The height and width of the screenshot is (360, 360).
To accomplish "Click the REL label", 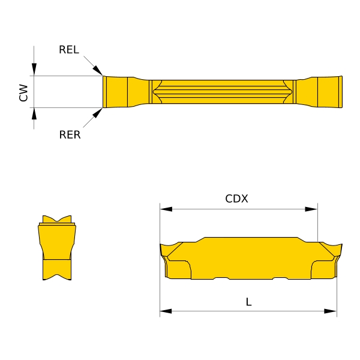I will click(69, 50).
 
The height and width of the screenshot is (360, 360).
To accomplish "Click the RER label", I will click(70, 135).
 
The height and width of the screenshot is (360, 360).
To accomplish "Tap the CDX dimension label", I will click(236, 199).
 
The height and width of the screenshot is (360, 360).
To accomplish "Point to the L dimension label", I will click(248, 302).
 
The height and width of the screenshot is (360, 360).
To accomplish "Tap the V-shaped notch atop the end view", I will click(58, 220).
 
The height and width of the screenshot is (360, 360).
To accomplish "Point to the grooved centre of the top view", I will click(222, 92).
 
